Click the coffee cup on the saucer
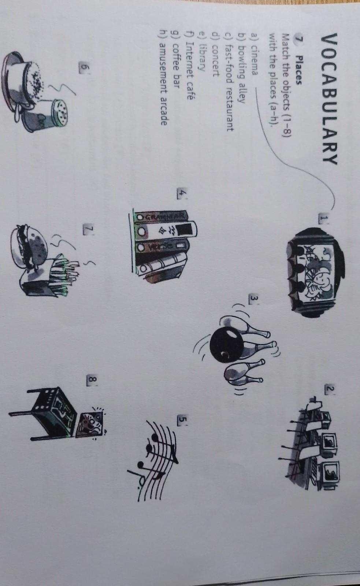click(x=23, y=78)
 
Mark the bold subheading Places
click(x=298, y=71)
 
